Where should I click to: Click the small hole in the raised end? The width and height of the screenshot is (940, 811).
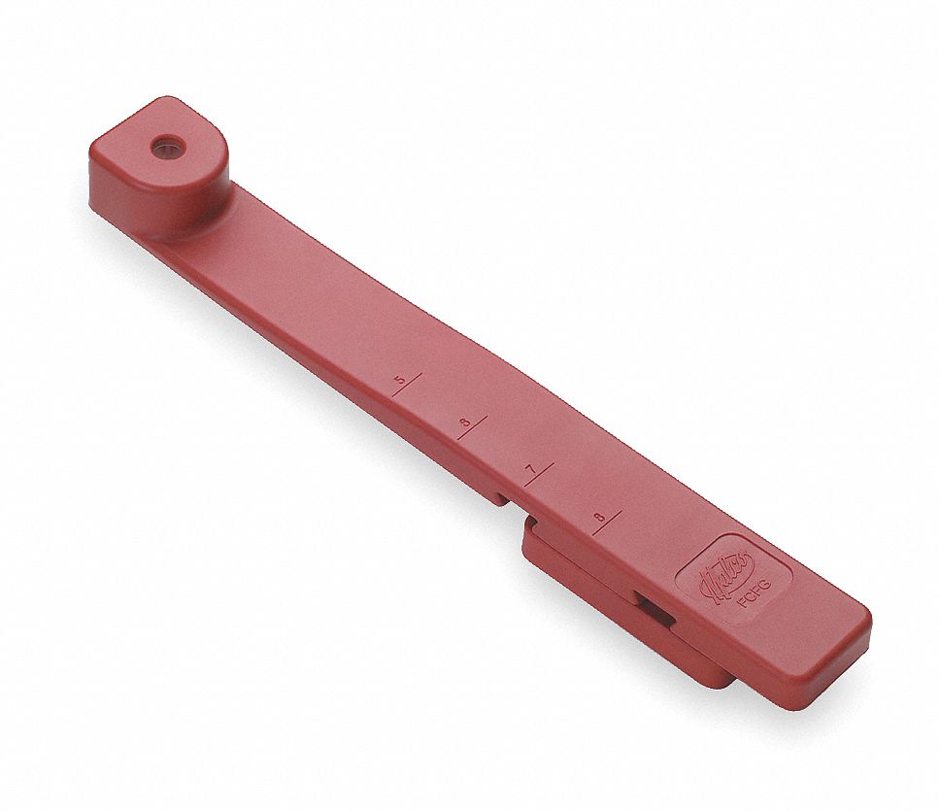click(x=167, y=147)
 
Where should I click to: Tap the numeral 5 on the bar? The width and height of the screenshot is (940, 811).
click(x=399, y=379)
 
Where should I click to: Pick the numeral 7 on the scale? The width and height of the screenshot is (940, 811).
click(x=530, y=470)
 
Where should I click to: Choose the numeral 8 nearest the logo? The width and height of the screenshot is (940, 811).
click(x=599, y=517)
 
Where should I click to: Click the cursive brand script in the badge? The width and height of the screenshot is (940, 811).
click(x=717, y=580)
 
